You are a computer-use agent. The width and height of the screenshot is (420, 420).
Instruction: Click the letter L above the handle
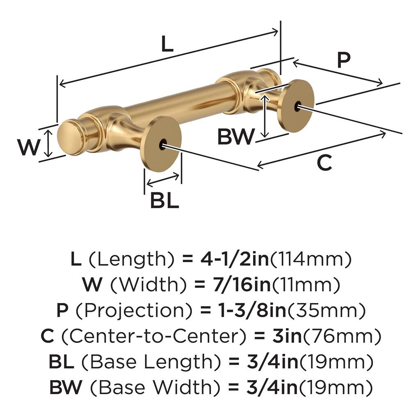pos(167,44)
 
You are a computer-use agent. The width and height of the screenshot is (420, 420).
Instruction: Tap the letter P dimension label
pos(344,60)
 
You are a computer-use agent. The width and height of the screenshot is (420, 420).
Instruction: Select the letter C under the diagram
pos(324,163)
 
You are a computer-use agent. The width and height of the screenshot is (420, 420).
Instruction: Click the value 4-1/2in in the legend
pos(235,259)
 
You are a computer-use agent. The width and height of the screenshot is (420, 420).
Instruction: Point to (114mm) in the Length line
pos(312,259)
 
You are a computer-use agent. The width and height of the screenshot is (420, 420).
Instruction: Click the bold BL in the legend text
pos(62,362)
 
